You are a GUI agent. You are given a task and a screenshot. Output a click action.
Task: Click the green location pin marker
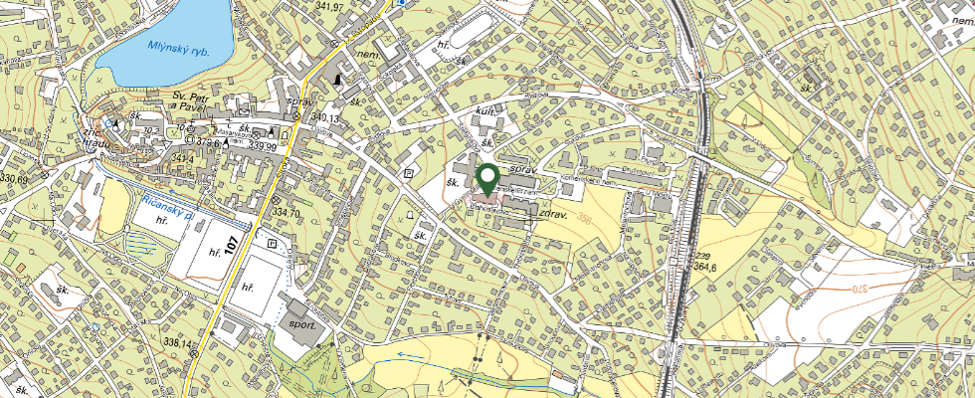click(487, 179)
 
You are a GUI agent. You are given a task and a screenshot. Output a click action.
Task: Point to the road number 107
click(233, 244)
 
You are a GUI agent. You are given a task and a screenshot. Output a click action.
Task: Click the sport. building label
click(302, 323)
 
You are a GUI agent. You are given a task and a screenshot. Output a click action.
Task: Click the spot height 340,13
click(324, 118)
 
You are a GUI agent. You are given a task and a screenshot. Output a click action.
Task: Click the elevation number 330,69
click(16, 178)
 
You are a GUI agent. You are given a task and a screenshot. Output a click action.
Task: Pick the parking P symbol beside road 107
click(272, 242)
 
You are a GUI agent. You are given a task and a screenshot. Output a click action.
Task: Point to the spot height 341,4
click(181, 157)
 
